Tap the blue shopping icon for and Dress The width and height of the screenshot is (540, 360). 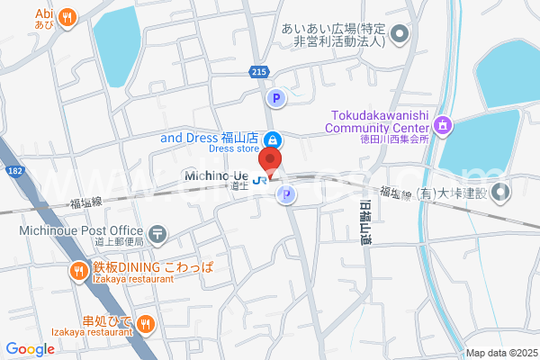point(274,139)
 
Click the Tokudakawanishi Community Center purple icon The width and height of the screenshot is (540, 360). point(442,126)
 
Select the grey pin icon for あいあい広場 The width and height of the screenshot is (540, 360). point(401,36)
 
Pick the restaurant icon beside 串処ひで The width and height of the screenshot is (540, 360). point(147,322)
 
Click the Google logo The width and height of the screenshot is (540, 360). point(30,349)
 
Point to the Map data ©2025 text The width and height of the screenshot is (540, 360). point(499,353)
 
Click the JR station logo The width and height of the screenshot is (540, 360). point(259,179)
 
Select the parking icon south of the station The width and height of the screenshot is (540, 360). point(286,195)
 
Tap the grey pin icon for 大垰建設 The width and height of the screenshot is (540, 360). point(499,192)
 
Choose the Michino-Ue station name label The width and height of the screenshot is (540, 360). point(216,175)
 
